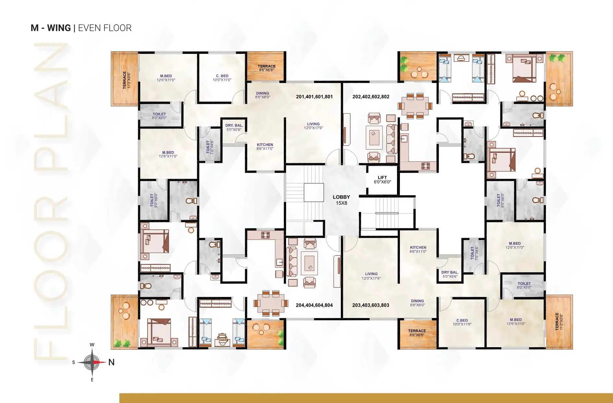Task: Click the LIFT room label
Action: point(382,180)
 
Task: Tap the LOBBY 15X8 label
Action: point(341,200)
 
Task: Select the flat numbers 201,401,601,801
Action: point(314,97)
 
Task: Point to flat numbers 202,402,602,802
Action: point(371,97)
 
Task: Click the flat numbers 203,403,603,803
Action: point(371,305)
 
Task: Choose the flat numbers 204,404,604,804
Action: point(314,305)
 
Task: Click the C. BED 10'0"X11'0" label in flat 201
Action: point(222,78)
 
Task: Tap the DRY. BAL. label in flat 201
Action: point(234,126)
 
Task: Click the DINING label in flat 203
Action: point(417,301)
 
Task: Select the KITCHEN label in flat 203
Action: point(418,247)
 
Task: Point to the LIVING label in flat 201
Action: point(313,124)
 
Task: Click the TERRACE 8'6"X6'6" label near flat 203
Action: point(417,333)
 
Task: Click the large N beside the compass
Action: point(111,362)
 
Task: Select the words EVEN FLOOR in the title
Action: point(105,28)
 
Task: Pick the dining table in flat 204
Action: point(271,303)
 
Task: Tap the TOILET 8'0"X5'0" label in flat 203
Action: point(524,286)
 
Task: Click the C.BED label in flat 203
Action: point(462,320)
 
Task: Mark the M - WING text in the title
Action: point(51,28)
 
